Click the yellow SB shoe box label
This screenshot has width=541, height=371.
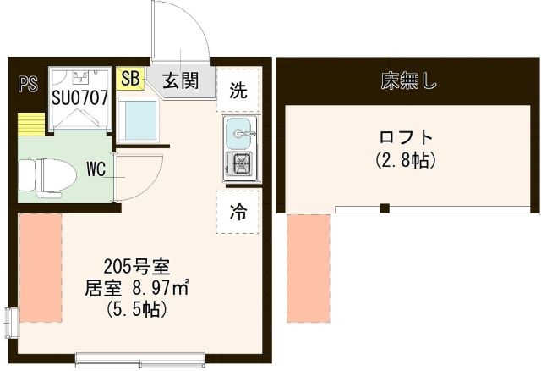click(x=130, y=79)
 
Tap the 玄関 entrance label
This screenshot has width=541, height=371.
click(x=181, y=81)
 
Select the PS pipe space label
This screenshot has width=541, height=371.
click(x=28, y=84)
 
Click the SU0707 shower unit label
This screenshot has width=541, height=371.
click(x=80, y=98)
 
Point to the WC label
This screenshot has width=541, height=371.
click(x=96, y=169)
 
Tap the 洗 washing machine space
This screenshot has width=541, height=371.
click(x=238, y=90)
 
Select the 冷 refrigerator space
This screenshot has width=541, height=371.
click(x=238, y=212)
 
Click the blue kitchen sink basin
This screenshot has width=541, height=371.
click(x=238, y=133)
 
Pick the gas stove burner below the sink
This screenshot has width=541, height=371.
click(x=242, y=163)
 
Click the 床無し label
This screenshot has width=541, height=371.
click(x=409, y=81)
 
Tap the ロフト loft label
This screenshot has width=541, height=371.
click(x=406, y=137)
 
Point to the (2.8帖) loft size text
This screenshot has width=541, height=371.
click(x=406, y=160)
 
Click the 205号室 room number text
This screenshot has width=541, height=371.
click(x=137, y=267)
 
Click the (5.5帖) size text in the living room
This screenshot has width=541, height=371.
click(x=137, y=309)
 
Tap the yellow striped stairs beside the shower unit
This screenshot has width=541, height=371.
click(x=31, y=125)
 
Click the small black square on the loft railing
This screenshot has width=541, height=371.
click(x=385, y=208)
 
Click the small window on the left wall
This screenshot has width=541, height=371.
click(x=12, y=322)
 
